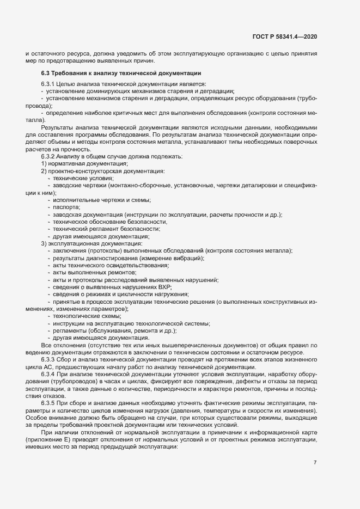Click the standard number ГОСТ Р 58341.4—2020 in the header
pos(284,37)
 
